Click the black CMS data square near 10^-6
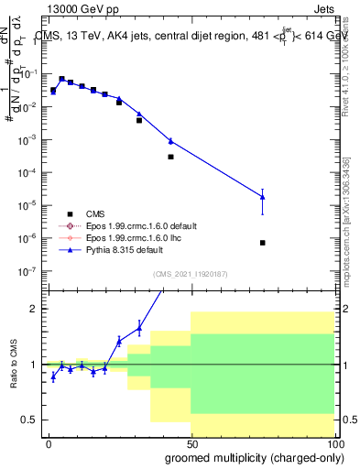click(263, 243)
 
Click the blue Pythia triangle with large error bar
click(263, 197)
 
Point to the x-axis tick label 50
click(191, 443)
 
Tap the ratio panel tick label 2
click(33, 309)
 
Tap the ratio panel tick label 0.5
click(29, 420)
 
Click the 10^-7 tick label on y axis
click(27, 272)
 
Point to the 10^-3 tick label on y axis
click(27, 140)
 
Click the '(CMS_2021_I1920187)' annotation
click(191, 274)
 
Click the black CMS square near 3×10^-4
click(170, 157)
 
